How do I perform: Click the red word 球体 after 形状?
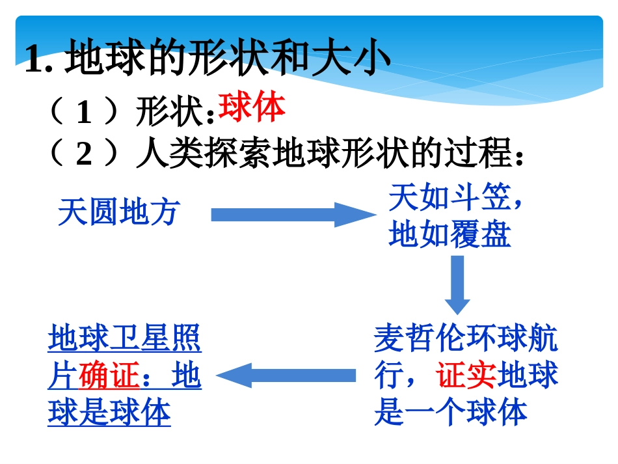[x=252, y=108]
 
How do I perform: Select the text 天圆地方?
[x=118, y=213]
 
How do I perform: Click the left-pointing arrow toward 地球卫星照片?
[x=286, y=375]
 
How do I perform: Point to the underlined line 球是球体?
[x=109, y=413]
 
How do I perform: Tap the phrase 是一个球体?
[x=450, y=413]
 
